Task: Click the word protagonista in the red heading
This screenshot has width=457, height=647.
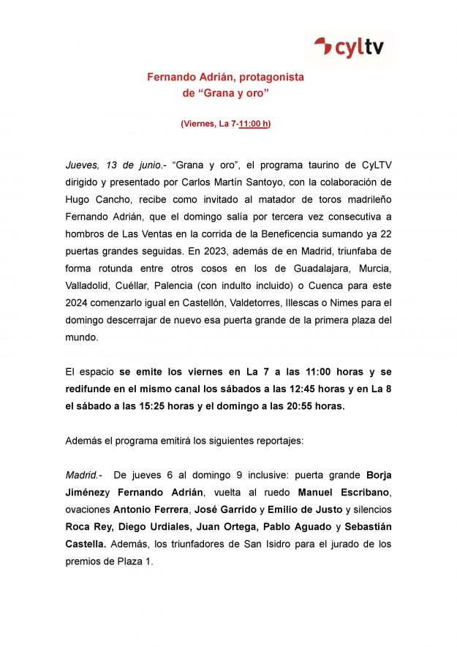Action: pyautogui.click(x=266, y=77)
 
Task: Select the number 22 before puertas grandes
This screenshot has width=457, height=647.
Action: pyautogui.click(x=385, y=230)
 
